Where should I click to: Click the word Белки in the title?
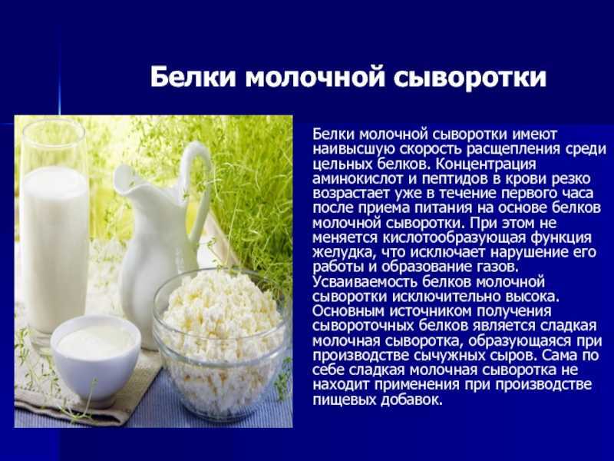pos(193,77)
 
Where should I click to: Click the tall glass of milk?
pos(54,234)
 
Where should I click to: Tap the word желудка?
pos(342,253)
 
